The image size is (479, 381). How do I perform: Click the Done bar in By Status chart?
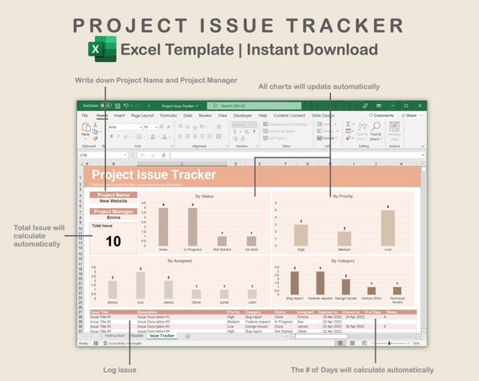[x=162, y=226]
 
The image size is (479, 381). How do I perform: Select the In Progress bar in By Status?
[x=192, y=226]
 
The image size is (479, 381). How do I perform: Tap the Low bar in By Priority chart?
[x=387, y=227]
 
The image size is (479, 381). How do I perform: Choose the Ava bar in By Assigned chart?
[x=140, y=285]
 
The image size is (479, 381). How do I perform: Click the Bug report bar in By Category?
[x=295, y=283]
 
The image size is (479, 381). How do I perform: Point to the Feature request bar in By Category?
[x=319, y=284]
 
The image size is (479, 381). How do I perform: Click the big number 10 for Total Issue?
[x=113, y=242]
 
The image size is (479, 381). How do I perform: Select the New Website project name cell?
[x=113, y=201]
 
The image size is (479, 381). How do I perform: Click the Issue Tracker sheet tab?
[x=162, y=336]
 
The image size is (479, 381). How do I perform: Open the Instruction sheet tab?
[x=114, y=336]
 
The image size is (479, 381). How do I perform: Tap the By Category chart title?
[x=344, y=262]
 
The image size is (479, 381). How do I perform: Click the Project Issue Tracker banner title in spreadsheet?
[x=154, y=175]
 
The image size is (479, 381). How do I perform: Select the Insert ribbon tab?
[x=119, y=115]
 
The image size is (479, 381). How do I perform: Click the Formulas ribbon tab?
[x=168, y=115]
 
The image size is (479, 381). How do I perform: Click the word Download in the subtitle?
[x=337, y=50]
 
